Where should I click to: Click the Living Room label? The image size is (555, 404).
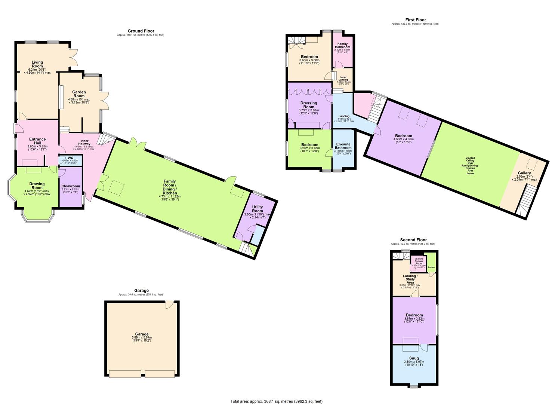click(x=37, y=64)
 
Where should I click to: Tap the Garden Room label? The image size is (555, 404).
click(x=79, y=94)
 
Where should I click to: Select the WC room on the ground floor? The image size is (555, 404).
click(x=70, y=159)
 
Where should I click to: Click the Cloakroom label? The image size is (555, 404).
click(x=71, y=186)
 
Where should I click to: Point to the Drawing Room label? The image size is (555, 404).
click(x=37, y=186)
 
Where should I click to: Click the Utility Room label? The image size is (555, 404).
click(x=258, y=209)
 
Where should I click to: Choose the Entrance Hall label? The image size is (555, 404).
click(x=37, y=141)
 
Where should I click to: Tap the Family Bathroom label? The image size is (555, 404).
click(x=343, y=46)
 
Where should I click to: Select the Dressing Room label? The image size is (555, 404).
click(x=309, y=105)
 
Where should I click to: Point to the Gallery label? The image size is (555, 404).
click(x=524, y=173)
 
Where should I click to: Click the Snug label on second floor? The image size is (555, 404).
click(x=414, y=358)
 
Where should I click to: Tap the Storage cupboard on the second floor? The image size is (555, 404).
click(x=431, y=267)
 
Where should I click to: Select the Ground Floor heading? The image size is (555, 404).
click(x=141, y=31)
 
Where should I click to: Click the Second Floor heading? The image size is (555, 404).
click(x=413, y=240)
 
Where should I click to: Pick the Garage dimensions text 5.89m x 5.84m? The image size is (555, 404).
click(x=142, y=337)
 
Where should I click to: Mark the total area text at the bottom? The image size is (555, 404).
click(x=276, y=401)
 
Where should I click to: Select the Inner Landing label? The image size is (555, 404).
click(x=343, y=79)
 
